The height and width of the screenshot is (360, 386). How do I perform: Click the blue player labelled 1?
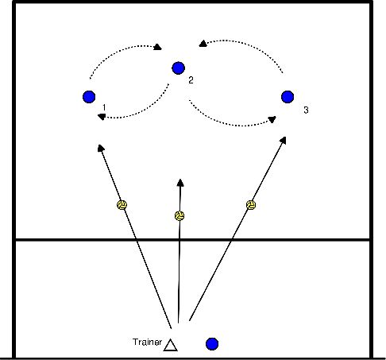pyautogui.click(x=88, y=97)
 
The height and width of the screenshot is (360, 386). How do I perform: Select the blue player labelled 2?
pyautogui.click(x=178, y=68)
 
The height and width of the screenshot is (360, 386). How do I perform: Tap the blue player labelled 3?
pyautogui.click(x=288, y=97)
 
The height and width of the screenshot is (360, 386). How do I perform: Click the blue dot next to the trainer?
pyautogui.click(x=212, y=343)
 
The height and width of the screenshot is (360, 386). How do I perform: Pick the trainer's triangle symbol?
pyautogui.click(x=170, y=344)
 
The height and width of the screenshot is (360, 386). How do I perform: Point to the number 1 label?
pyautogui.click(x=104, y=106)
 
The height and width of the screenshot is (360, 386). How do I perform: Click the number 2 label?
pyautogui.click(x=191, y=80)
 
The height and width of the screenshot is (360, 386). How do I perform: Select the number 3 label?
pyautogui.click(x=305, y=109)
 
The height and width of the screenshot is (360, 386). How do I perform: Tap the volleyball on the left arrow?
pyautogui.click(x=122, y=205)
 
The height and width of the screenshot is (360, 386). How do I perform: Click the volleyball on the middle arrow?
pyautogui.click(x=180, y=215)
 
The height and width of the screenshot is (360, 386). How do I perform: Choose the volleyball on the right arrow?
pyautogui.click(x=251, y=205)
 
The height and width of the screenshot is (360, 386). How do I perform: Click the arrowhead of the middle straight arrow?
pyautogui.click(x=180, y=182)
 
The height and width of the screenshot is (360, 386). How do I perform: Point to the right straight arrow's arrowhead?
pyautogui.click(x=285, y=139)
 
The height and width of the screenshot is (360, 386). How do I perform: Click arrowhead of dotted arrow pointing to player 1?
pyautogui.click(x=101, y=117)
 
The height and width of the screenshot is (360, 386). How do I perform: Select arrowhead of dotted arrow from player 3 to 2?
pyautogui.click(x=203, y=45)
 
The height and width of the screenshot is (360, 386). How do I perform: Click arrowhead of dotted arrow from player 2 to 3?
pyautogui.click(x=273, y=120)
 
